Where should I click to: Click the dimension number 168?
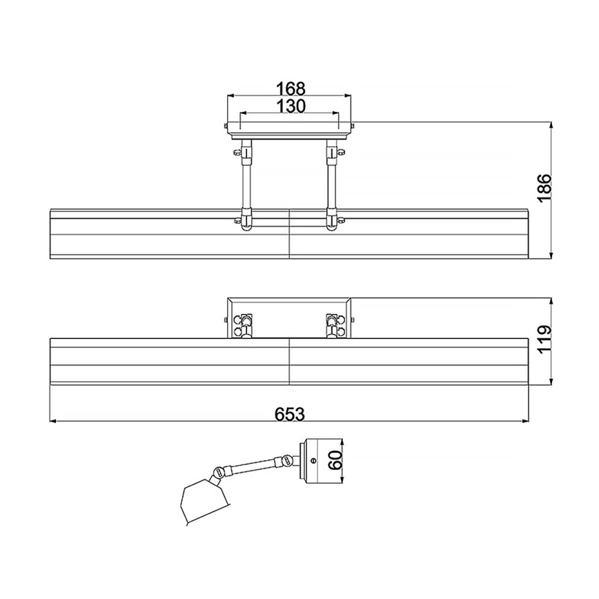[x=291, y=89]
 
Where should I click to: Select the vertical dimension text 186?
[x=544, y=188]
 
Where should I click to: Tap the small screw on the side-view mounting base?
[x=314, y=460]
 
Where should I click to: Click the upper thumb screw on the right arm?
[x=340, y=150]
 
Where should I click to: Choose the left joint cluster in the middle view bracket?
[x=244, y=324]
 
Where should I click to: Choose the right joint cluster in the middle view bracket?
[x=334, y=324]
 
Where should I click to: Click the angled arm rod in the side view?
[x=252, y=466]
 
